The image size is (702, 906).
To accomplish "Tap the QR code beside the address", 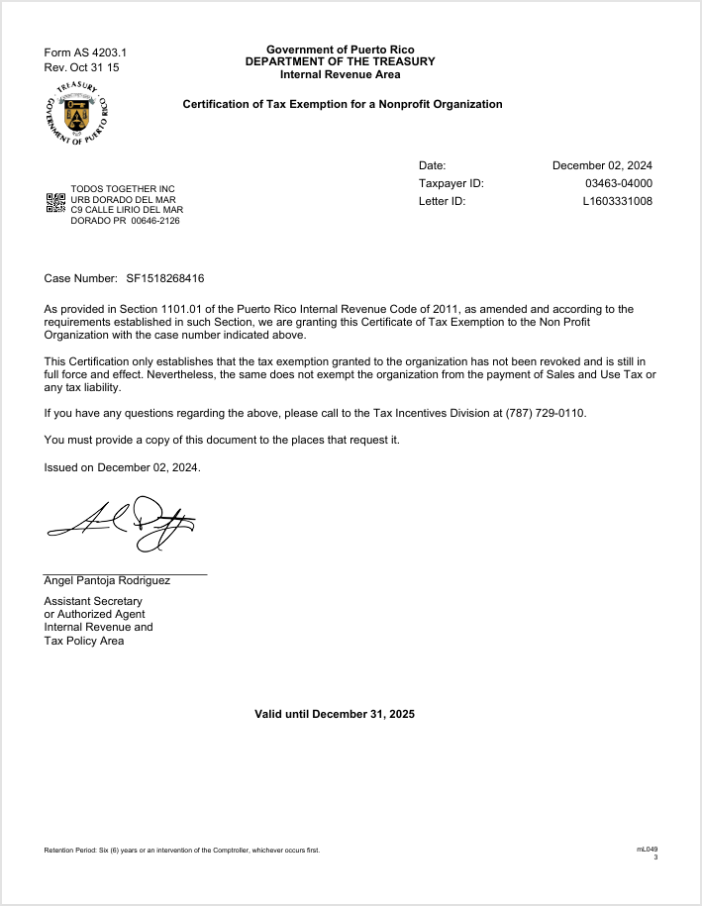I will [x=56, y=204].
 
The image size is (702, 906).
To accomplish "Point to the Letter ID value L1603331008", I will [x=617, y=201].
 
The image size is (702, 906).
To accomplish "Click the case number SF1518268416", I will [x=165, y=279].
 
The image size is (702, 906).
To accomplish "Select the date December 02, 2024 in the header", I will [x=602, y=165].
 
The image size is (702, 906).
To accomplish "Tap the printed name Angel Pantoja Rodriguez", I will [x=107, y=580].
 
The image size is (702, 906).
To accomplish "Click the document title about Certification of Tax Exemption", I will [x=343, y=104].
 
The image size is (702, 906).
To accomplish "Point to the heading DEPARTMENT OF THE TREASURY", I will [x=340, y=61].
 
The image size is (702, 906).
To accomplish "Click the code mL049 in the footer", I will [x=647, y=849].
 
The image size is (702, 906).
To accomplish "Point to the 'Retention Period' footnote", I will [x=182, y=851].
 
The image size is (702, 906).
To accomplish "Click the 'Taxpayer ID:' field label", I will [x=451, y=183].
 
